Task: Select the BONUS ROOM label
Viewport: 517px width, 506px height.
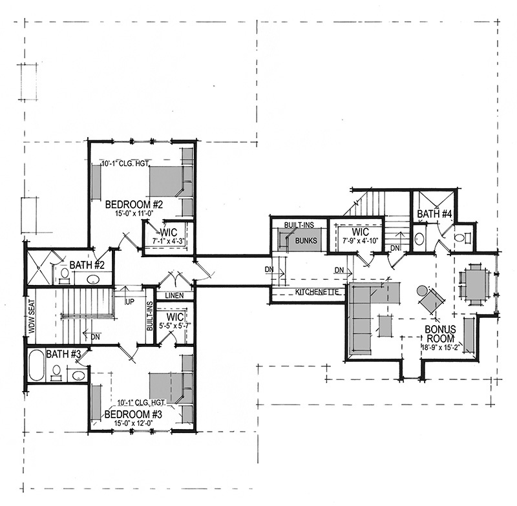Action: coord(441,333)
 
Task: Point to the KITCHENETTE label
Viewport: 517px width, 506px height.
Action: coord(318,293)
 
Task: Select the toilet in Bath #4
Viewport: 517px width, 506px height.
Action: coord(461,238)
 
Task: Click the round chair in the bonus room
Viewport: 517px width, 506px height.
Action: coord(431,301)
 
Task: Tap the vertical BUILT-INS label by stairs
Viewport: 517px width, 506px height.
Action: coord(150,316)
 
